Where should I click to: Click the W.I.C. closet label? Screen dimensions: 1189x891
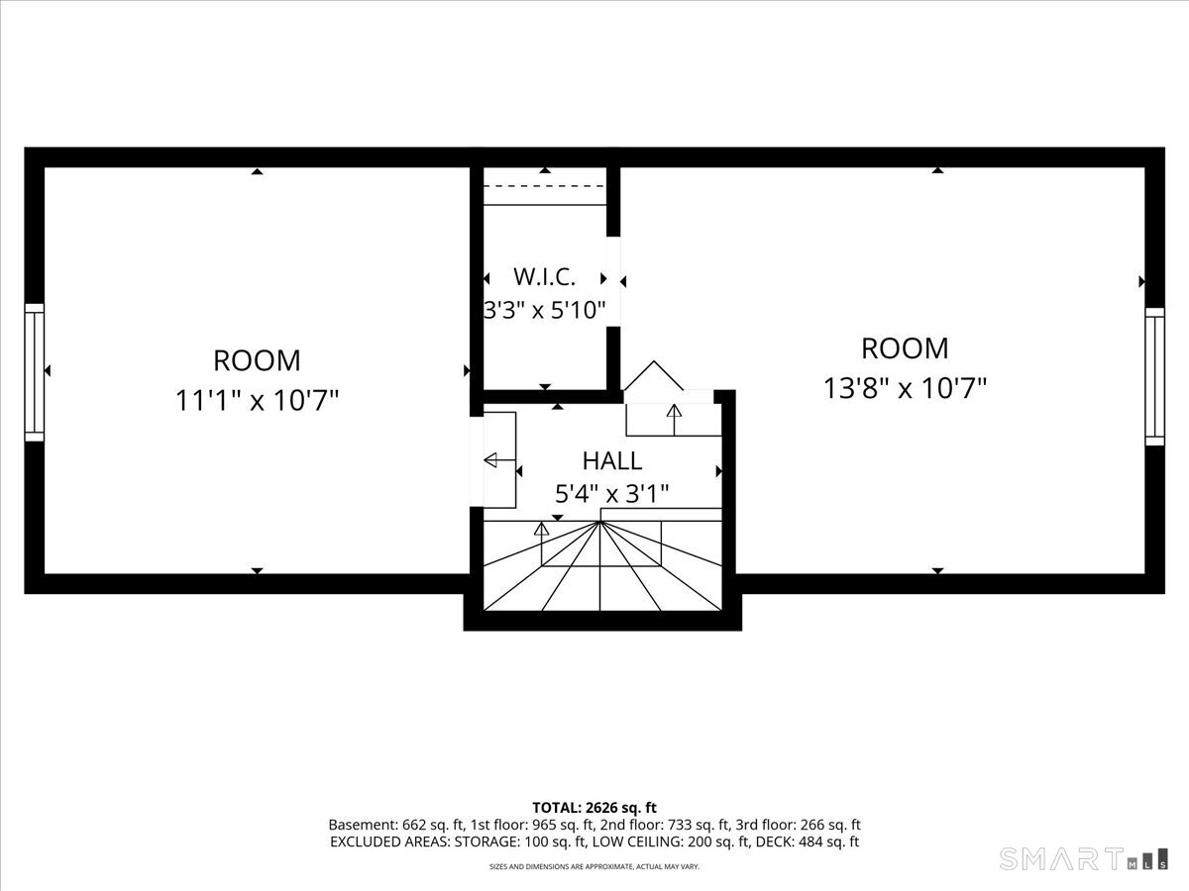click(x=544, y=277)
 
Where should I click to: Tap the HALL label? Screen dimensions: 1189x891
click(x=612, y=461)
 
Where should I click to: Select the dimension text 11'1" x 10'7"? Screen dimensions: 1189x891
click(x=257, y=401)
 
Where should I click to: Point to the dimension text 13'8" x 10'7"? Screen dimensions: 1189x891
click(x=905, y=388)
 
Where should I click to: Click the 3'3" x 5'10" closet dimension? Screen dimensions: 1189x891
click(x=544, y=311)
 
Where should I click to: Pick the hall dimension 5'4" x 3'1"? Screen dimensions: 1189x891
click(x=612, y=493)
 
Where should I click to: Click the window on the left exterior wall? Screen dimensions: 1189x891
click(x=34, y=372)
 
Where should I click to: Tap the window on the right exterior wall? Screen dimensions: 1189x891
click(x=1154, y=376)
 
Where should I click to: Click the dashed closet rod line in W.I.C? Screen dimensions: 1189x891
click(x=544, y=186)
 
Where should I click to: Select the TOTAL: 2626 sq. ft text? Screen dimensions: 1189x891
click(x=594, y=808)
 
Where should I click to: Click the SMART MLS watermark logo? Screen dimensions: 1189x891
click(x=1083, y=858)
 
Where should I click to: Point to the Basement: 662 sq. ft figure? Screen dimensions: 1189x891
click(x=396, y=825)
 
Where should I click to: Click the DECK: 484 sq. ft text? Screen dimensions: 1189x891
click(x=808, y=841)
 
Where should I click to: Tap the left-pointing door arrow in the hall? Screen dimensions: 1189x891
click(x=499, y=460)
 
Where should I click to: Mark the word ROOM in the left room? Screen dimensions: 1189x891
click(x=257, y=360)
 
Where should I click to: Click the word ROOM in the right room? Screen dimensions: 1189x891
click(x=905, y=348)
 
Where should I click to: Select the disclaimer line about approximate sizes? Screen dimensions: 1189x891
click(x=594, y=866)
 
